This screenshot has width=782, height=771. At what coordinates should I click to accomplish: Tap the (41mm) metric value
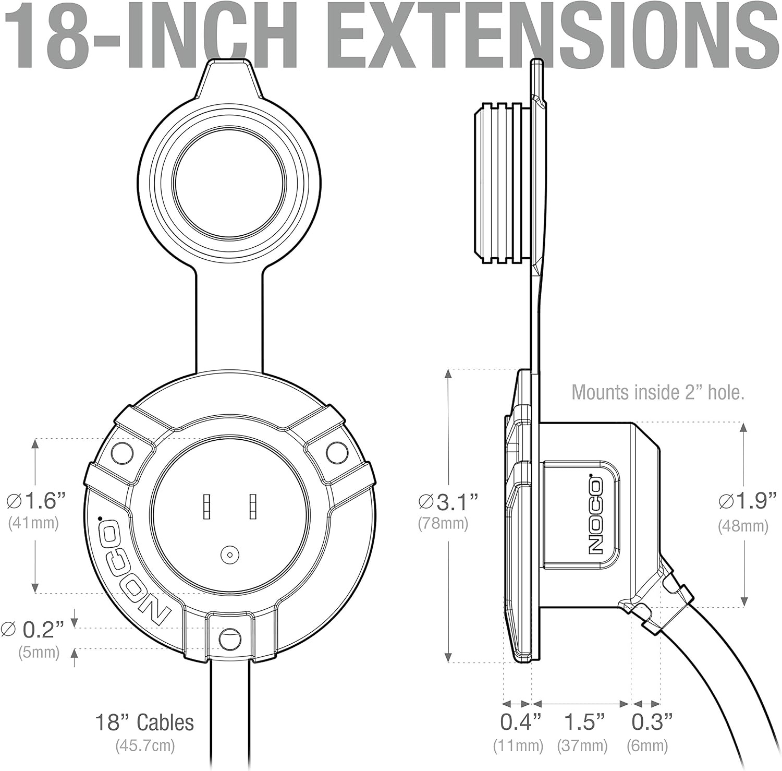coord(33,523)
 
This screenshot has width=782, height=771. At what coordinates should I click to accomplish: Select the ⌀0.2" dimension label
coord(33,630)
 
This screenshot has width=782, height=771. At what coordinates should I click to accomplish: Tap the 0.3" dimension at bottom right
coord(652,722)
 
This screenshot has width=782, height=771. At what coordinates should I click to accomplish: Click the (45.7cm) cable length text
coord(145,745)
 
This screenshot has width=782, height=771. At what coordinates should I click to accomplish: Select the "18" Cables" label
coord(144,722)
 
